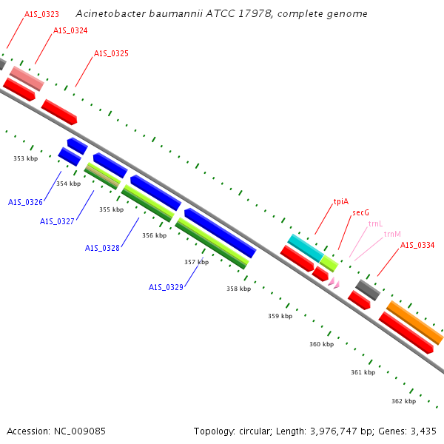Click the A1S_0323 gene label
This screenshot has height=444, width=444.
tap(41, 14)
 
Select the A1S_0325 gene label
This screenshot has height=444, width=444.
tap(111, 53)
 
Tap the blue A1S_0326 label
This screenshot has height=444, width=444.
tap(25, 202)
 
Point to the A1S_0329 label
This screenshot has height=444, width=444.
tap(166, 287)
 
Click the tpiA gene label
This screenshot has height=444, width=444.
tap(341, 201)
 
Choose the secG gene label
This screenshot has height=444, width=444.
tap(361, 212)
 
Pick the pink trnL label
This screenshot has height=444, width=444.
tap(375, 223)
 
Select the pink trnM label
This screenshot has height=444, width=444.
tap(392, 234)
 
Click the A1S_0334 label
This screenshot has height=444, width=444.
tap(417, 245)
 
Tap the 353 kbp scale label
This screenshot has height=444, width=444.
tap(25, 158)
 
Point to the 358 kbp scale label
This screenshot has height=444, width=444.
tap(239, 289)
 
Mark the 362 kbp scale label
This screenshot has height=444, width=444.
tap(404, 401)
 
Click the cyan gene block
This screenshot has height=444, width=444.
tap(306, 249)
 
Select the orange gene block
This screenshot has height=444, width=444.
tap(415, 323)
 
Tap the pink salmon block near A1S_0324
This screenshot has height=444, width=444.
tap(27, 78)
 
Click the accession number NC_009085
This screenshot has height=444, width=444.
tap(80, 431)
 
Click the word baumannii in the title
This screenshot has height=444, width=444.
tap(176, 13)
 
